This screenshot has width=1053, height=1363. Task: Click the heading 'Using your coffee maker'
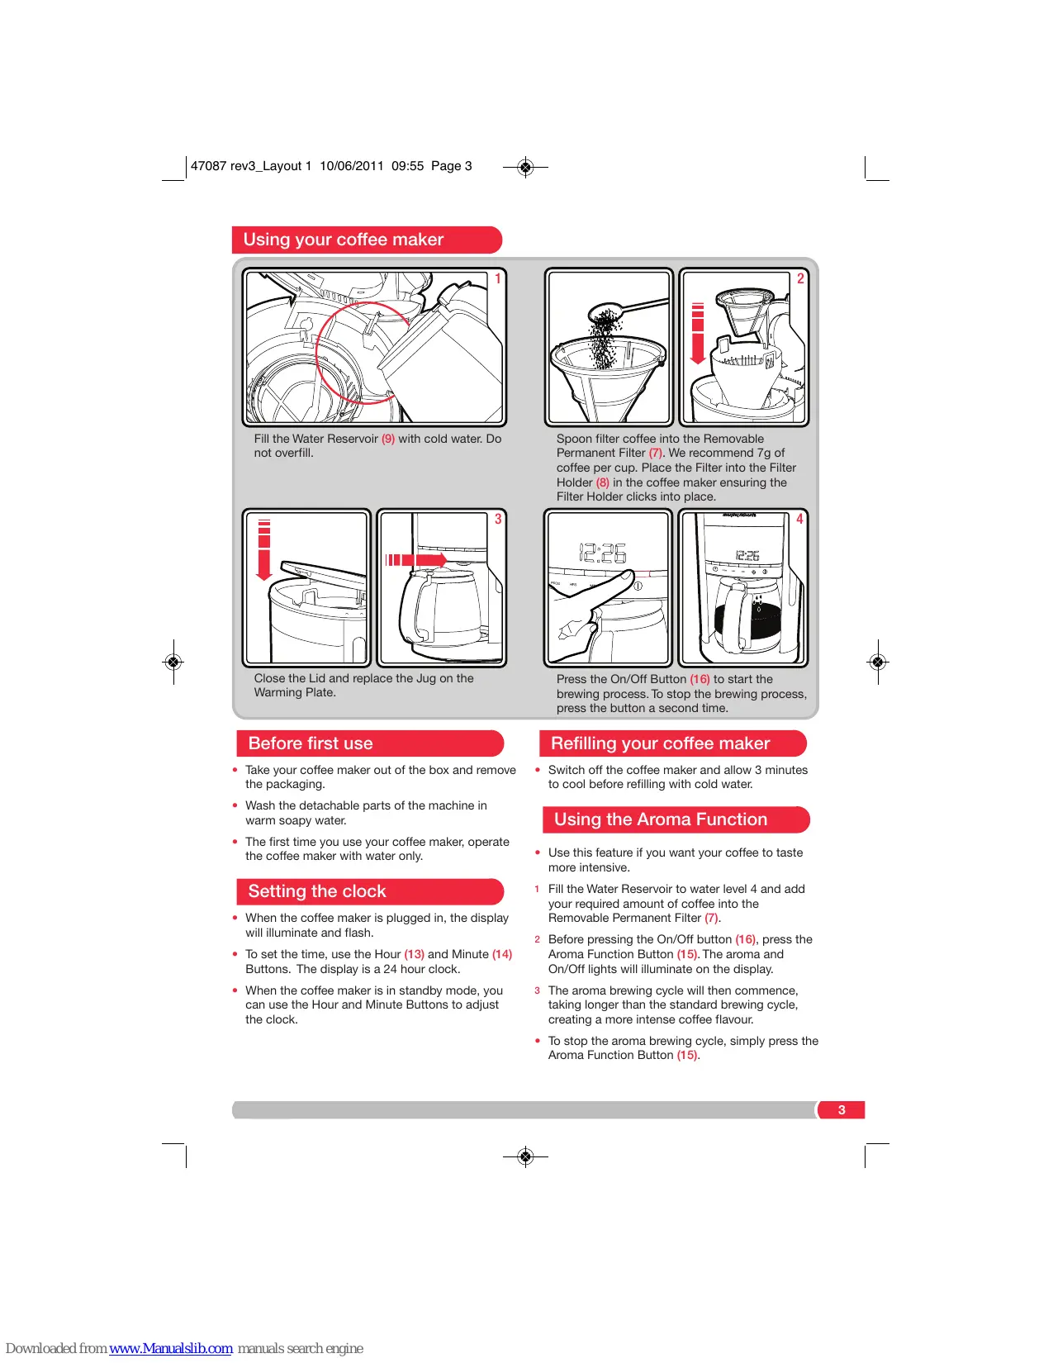pyautogui.click(x=344, y=240)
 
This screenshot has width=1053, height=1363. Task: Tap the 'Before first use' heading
pyautogui.click(x=311, y=743)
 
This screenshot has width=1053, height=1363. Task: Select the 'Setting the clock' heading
pyautogui.click(x=317, y=891)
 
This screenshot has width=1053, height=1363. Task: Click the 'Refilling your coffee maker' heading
pyautogui.click(x=660, y=743)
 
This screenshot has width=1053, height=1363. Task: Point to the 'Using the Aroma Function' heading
pyautogui.click(x=661, y=819)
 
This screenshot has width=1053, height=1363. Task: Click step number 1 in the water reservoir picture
pyautogui.click(x=498, y=279)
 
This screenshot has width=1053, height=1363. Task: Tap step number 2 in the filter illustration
pyautogui.click(x=800, y=279)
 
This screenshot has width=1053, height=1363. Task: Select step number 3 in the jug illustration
pyautogui.click(x=498, y=520)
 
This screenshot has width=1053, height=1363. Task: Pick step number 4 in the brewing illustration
pyautogui.click(x=799, y=520)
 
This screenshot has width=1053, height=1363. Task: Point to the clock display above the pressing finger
pyautogui.click(x=603, y=553)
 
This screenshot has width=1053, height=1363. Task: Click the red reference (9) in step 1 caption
pyautogui.click(x=388, y=439)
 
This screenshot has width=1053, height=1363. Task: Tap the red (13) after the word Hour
pyautogui.click(x=414, y=955)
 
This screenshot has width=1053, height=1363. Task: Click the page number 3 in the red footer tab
pyautogui.click(x=842, y=1110)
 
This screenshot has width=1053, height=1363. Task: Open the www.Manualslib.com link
pyautogui.click(x=171, y=1348)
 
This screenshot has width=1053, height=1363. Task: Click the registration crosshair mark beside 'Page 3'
pyautogui.click(x=525, y=167)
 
